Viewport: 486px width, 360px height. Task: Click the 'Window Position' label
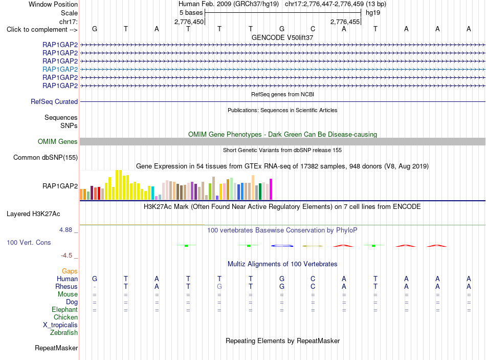[x=53, y=4]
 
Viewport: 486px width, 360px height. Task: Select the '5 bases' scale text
[x=191, y=13]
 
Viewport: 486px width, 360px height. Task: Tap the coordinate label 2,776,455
[x=345, y=22]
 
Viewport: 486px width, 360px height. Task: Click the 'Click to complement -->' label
[x=42, y=30]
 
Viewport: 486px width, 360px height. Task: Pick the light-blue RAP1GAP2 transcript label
[x=60, y=69]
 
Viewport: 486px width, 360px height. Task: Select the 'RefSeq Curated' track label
[x=54, y=101]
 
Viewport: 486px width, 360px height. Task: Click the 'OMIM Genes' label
[x=58, y=141]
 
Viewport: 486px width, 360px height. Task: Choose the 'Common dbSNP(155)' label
[x=46, y=157]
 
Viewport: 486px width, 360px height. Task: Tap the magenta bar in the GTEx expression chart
[x=271, y=189]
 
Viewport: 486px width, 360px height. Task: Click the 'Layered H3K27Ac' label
[x=33, y=214]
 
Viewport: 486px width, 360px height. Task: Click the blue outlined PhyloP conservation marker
[x=282, y=246]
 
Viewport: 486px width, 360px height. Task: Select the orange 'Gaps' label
[x=70, y=271]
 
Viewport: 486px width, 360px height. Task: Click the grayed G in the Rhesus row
[x=219, y=286]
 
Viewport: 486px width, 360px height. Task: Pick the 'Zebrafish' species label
[x=64, y=333]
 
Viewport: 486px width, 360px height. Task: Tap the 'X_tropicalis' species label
[x=60, y=325]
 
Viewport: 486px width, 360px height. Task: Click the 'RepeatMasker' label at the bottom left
[x=56, y=348]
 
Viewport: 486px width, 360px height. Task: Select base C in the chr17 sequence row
[x=313, y=29]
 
